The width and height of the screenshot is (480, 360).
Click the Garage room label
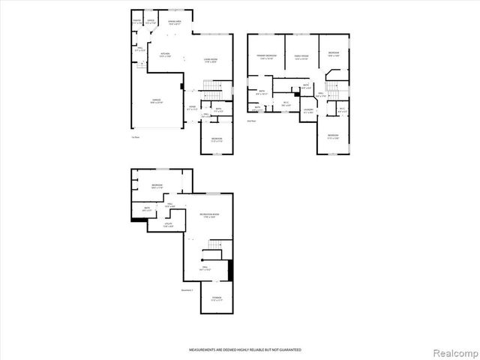[155, 101]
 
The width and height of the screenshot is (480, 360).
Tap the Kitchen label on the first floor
[165, 54]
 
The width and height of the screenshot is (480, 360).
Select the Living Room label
[211, 60]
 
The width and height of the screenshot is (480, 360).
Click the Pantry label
[136, 21]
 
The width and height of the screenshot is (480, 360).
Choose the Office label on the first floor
[151, 21]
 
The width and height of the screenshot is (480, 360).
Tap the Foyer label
[192, 107]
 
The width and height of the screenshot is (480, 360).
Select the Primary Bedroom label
[266, 56]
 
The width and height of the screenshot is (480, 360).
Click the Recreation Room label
[209, 215]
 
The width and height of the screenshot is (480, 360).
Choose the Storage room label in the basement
[216, 299]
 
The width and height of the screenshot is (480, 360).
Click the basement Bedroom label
[157, 186]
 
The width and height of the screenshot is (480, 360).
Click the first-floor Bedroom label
[216, 139]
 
